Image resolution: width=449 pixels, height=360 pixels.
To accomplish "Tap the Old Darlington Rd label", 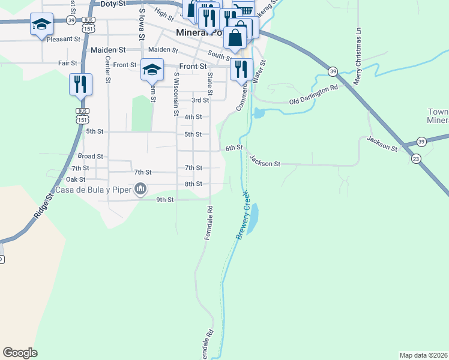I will [314, 94].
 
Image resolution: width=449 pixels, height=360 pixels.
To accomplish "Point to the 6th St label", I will [234, 148].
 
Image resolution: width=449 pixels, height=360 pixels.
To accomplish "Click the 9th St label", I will [164, 199].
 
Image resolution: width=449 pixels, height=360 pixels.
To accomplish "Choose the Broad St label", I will [91, 156].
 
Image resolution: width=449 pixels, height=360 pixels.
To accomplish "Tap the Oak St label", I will [76, 179].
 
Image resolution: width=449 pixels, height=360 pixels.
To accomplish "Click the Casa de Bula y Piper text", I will [92, 190].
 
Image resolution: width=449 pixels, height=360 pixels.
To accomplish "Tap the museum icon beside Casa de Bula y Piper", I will [141, 190].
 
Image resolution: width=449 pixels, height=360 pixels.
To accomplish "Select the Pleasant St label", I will [63, 38].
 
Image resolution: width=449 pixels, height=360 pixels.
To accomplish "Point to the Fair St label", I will [68, 62].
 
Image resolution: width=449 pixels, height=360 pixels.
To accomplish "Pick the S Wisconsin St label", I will [176, 94].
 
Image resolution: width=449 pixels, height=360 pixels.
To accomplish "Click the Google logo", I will [20, 353].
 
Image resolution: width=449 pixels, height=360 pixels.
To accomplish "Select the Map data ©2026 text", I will [423, 355].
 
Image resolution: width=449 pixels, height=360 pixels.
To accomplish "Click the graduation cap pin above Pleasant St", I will [41, 25].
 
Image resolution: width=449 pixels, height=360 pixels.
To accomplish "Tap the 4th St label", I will [193, 117].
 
